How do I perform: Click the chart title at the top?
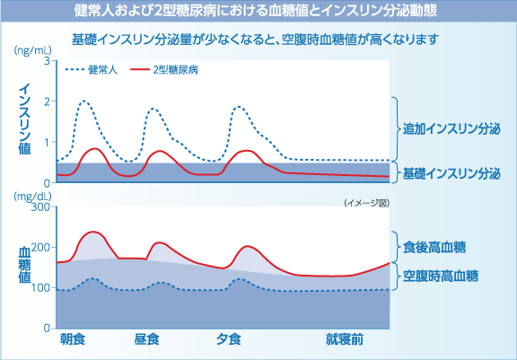(258, 13)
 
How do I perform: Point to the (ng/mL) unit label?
(31, 52)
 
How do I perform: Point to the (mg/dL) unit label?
(31, 195)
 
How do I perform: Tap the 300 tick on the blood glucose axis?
(39, 207)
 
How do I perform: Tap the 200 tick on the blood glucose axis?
(39, 248)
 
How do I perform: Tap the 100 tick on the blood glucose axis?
(39, 288)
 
